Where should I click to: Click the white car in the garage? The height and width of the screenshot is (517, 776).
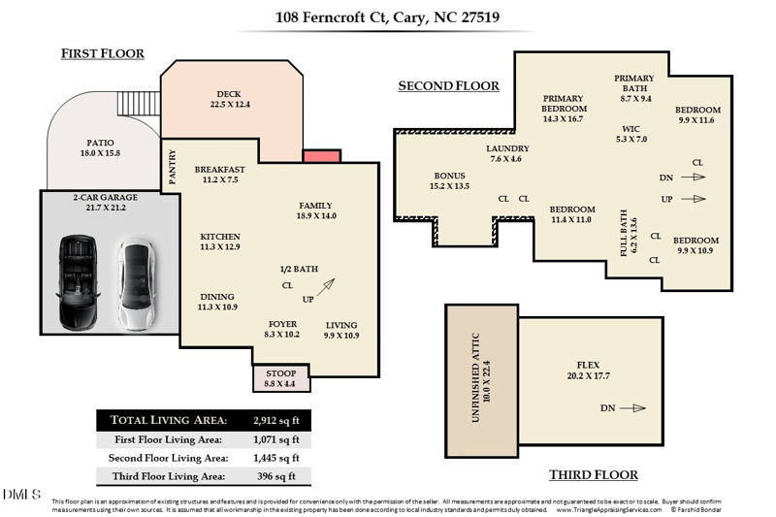[x=134, y=284]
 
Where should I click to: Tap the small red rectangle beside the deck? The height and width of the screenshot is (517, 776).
[x=316, y=156]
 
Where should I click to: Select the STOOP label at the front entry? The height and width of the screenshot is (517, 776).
[x=281, y=373]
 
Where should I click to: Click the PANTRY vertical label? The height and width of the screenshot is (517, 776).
[x=173, y=167]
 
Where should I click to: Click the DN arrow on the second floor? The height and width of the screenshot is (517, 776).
[x=692, y=178]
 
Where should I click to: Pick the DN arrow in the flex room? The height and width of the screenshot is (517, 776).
[x=631, y=408]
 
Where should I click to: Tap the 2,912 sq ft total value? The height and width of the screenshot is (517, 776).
[x=274, y=420]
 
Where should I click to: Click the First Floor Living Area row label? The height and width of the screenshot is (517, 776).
[x=168, y=439]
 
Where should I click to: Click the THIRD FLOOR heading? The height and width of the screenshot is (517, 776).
[x=593, y=474]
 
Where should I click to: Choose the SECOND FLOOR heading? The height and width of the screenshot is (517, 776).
[x=448, y=86]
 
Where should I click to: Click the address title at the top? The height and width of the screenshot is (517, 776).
[x=387, y=17]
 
